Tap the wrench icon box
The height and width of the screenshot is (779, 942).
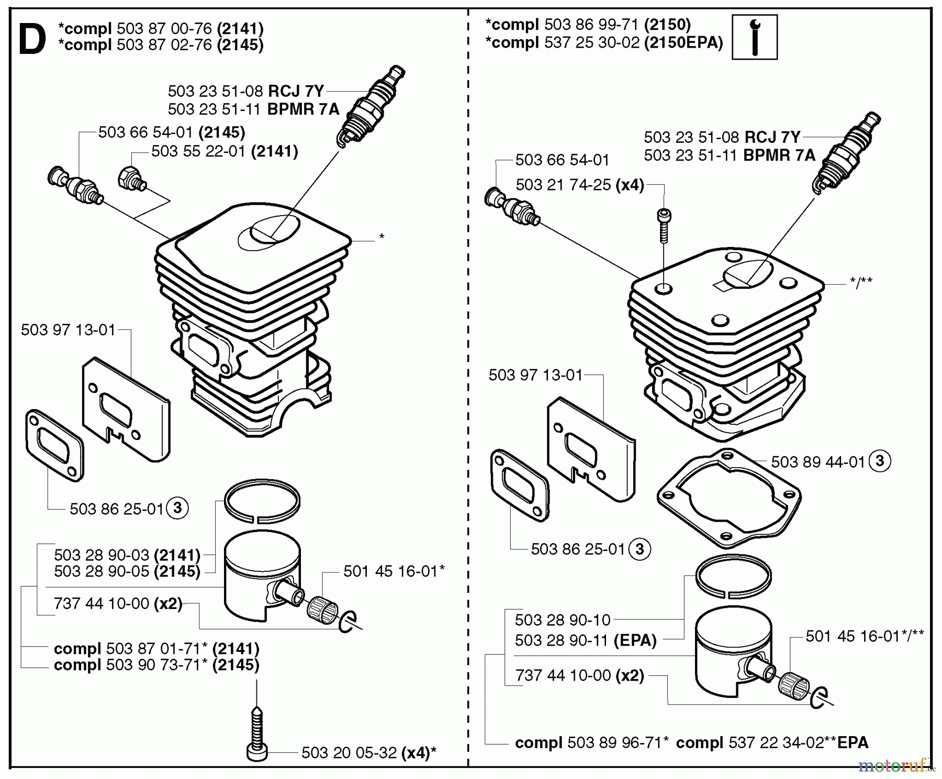pyautogui.click(x=754, y=37)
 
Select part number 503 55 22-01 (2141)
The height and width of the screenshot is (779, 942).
pyautogui.click(x=225, y=152)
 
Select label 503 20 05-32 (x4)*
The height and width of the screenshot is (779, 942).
pyautogui.click(x=368, y=753)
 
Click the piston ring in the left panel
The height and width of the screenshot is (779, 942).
pyautogui.click(x=262, y=501)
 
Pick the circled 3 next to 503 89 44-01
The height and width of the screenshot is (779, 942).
pyautogui.click(x=879, y=461)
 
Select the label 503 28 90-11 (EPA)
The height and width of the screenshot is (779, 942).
pyautogui.click(x=585, y=640)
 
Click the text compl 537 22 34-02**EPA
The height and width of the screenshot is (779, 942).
pyautogui.click(x=772, y=742)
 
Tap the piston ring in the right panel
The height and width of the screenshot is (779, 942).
pyautogui.click(x=734, y=577)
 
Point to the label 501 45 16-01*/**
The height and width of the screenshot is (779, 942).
pyautogui.click(x=865, y=636)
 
